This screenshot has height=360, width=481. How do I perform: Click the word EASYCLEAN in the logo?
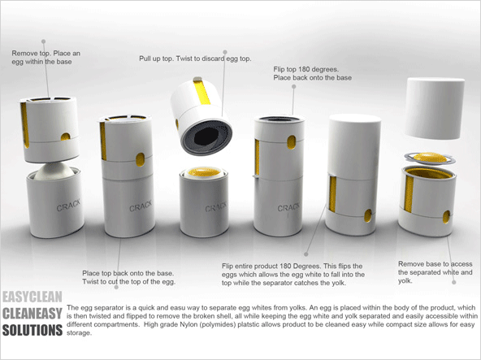click(x=32, y=297)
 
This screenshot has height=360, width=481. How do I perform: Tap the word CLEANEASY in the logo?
click(x=32, y=314)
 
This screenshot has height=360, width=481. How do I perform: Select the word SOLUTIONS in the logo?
click(x=32, y=330)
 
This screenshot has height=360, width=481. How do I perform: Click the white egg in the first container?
click(x=54, y=171)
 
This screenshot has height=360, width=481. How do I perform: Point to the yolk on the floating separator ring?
click(x=430, y=158)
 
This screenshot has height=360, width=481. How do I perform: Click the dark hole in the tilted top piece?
click(x=206, y=137)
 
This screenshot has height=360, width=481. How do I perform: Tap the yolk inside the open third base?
click(x=204, y=172)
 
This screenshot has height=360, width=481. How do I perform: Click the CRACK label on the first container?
click(x=68, y=205)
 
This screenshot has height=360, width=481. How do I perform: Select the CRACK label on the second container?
click(x=141, y=206)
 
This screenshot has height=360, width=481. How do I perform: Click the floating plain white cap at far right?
click(x=435, y=108)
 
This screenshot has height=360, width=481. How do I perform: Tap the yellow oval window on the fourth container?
click(x=292, y=142)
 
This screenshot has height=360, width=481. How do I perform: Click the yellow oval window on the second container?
click(x=140, y=159)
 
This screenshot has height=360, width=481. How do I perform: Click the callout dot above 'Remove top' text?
click(x=44, y=41)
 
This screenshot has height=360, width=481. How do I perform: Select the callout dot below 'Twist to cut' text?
click(x=116, y=287)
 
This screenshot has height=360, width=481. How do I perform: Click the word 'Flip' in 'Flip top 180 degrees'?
click(x=279, y=69)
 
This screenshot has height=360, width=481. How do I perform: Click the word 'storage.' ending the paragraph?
click(x=79, y=333)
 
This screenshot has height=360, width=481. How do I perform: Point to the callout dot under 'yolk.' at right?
click(x=454, y=282)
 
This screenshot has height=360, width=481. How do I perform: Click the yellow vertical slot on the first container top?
click(x=24, y=125)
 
